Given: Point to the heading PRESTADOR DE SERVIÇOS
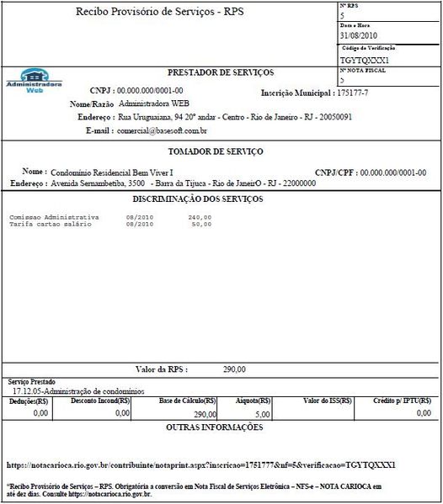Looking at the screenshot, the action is pos(221,73).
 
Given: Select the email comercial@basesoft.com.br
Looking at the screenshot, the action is pos(163,132).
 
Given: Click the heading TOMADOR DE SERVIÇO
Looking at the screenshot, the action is pos(216,151).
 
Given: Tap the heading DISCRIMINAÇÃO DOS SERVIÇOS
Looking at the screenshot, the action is pos(198,199).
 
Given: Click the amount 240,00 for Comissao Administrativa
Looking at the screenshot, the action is pos(200,218).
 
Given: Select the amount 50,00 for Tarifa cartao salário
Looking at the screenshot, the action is pos(202,225).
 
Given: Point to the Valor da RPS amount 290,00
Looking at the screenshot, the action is pos(234,369).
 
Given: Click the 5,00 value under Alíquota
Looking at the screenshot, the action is pos(261,414).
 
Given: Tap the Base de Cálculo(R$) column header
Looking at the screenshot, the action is pos(187,401).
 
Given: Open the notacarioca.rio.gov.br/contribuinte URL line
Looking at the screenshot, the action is pos(200,464).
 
